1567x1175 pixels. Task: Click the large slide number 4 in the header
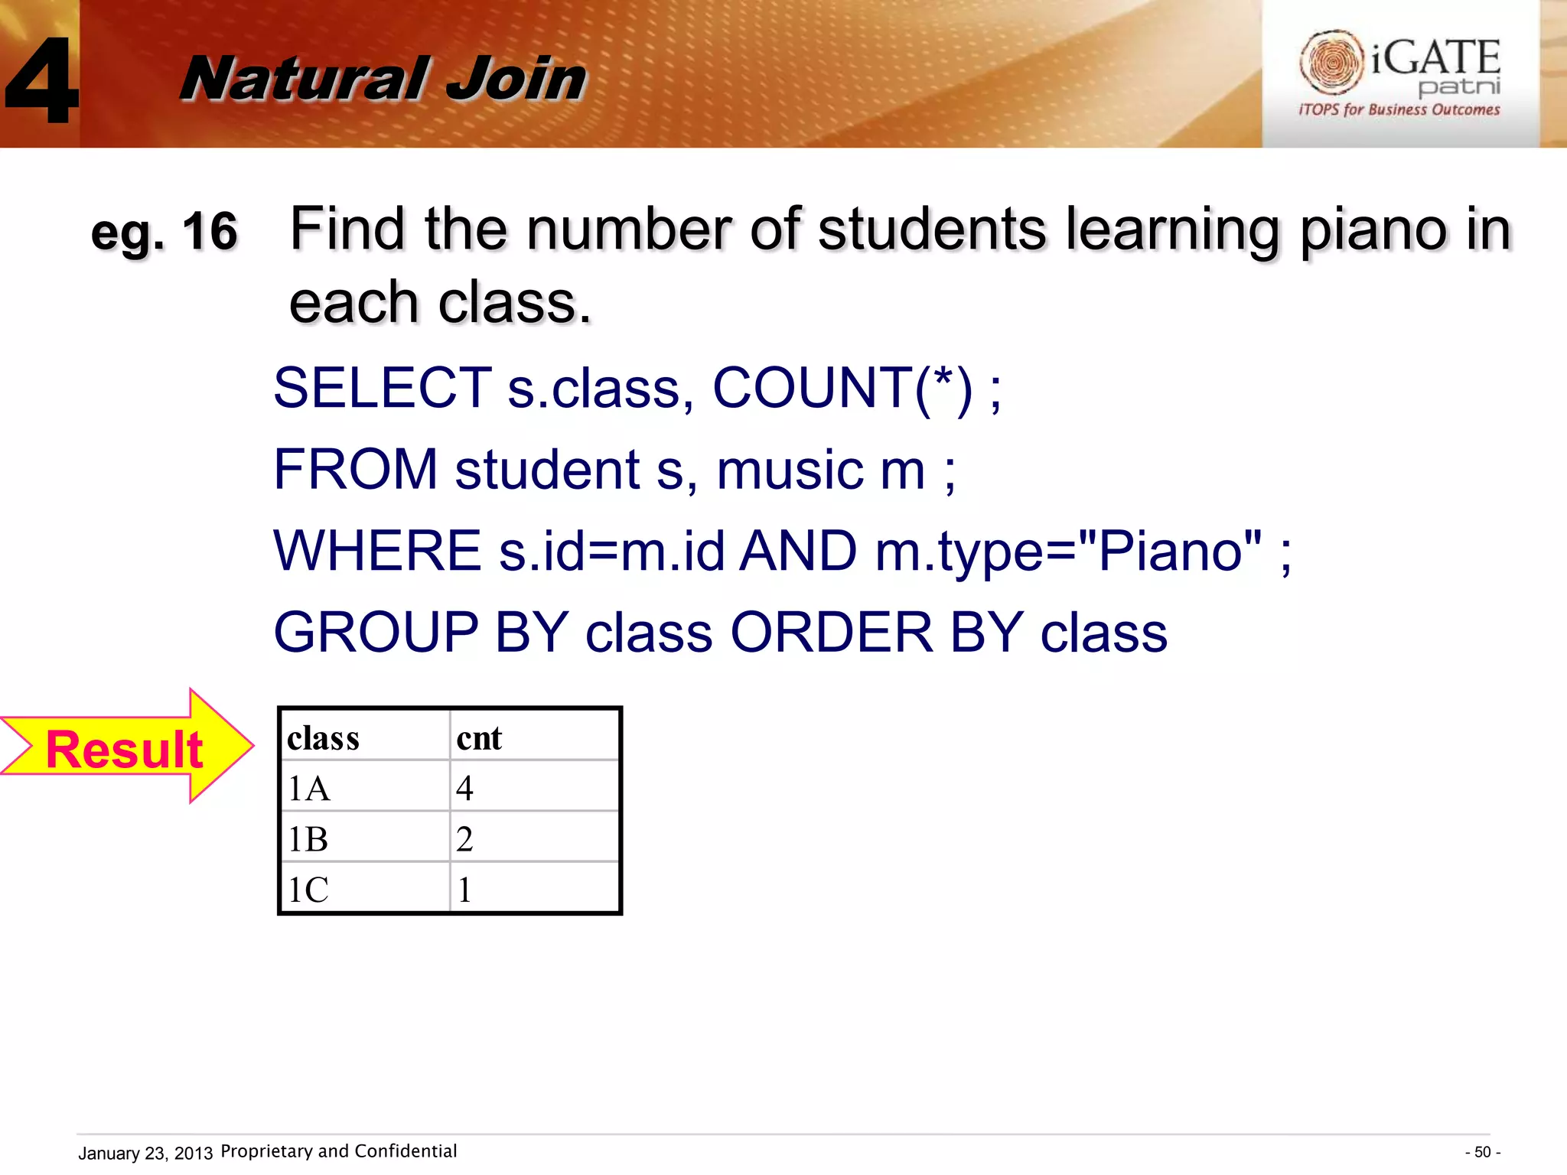coord(42,80)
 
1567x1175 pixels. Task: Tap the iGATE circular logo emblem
coord(1331,61)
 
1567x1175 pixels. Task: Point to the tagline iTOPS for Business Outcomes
coord(1399,109)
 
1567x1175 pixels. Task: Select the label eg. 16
coord(164,231)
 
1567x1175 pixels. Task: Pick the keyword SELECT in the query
coord(383,388)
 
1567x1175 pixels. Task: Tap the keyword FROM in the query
coord(355,469)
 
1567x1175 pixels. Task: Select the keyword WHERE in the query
coord(377,551)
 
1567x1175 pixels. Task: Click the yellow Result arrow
coord(126,747)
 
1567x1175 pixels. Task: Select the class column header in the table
coord(323,738)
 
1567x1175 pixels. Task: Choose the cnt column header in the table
coord(479,738)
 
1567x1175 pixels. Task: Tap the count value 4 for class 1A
coord(464,788)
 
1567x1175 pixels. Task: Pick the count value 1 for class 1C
coord(464,890)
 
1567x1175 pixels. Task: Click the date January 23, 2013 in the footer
coord(145,1153)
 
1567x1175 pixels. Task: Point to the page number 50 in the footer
coord(1482,1152)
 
